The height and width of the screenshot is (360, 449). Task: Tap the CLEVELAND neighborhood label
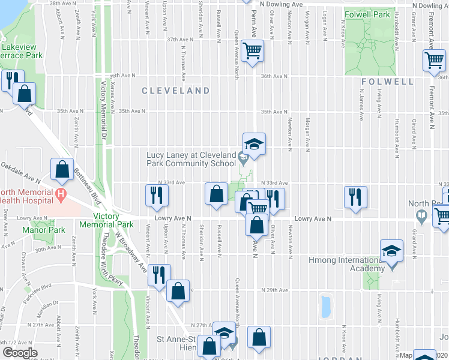click(176, 91)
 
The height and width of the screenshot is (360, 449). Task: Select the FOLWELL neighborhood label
click(387, 81)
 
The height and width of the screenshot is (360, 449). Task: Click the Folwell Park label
click(368, 14)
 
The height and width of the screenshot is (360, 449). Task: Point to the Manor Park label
click(43, 230)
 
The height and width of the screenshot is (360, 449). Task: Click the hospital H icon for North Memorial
click(60, 194)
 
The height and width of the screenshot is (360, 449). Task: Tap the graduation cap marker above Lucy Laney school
click(253, 145)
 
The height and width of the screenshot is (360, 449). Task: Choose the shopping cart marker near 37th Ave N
click(253, 50)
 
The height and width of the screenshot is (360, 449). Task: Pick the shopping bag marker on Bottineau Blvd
click(62, 170)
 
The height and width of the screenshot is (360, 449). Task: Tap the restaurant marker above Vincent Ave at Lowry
click(157, 196)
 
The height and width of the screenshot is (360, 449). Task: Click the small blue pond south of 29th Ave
click(326, 306)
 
